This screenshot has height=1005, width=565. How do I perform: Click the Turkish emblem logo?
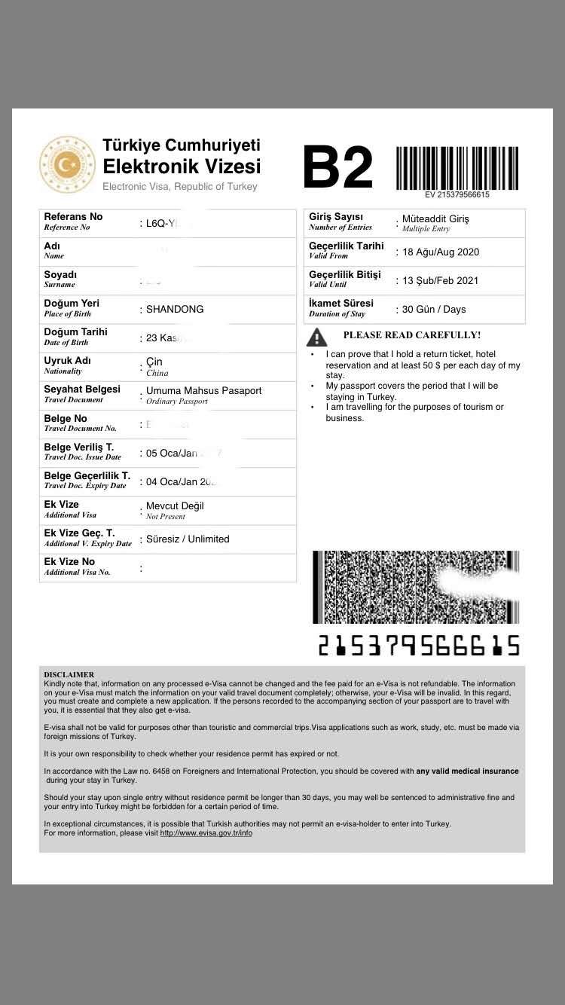tap(68, 164)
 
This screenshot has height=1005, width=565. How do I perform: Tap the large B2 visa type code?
tap(338, 168)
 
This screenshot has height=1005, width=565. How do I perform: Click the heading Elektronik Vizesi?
tap(182, 166)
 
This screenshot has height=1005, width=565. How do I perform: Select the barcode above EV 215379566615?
tap(457, 167)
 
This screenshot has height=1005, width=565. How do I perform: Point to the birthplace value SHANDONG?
tap(175, 309)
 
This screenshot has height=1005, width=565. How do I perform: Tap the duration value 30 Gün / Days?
tap(434, 309)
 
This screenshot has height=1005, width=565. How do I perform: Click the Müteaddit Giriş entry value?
tap(435, 218)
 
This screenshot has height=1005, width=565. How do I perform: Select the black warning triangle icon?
tap(317, 336)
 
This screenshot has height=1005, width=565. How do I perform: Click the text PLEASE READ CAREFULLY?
tap(411, 335)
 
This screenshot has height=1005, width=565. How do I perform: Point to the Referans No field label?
tap(73, 217)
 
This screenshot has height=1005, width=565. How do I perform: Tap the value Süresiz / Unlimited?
tap(188, 539)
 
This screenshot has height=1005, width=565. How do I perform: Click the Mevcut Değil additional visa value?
tap(175, 506)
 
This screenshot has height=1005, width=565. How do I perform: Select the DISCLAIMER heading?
tap(69, 674)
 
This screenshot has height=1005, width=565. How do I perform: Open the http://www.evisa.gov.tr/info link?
tap(206, 833)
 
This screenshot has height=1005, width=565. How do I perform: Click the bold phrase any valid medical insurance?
tap(467, 771)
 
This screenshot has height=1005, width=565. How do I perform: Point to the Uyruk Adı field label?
tap(67, 361)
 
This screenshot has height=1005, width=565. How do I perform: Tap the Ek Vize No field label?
tap(69, 562)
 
